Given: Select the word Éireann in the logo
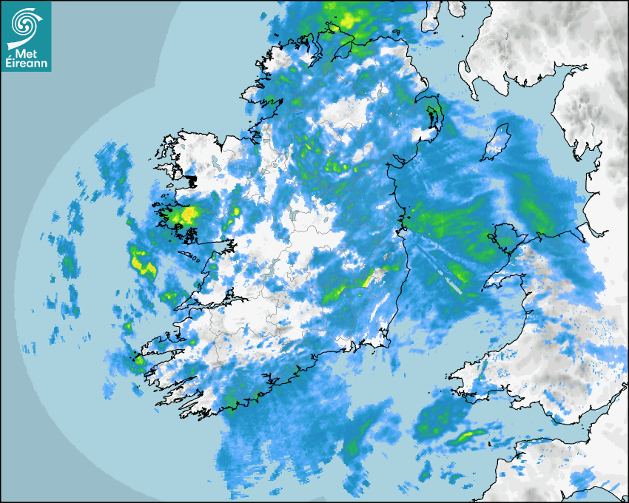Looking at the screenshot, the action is (27, 64).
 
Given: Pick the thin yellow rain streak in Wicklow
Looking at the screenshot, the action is (367, 278).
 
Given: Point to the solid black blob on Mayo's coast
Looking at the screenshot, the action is (190, 180).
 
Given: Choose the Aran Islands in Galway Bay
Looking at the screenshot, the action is (191, 258).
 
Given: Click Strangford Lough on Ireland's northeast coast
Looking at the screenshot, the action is (433, 115).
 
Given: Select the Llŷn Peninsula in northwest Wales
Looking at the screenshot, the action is (503, 281).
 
